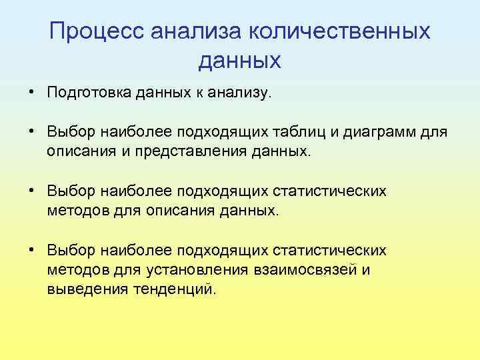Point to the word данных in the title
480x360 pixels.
coord(239,61)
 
